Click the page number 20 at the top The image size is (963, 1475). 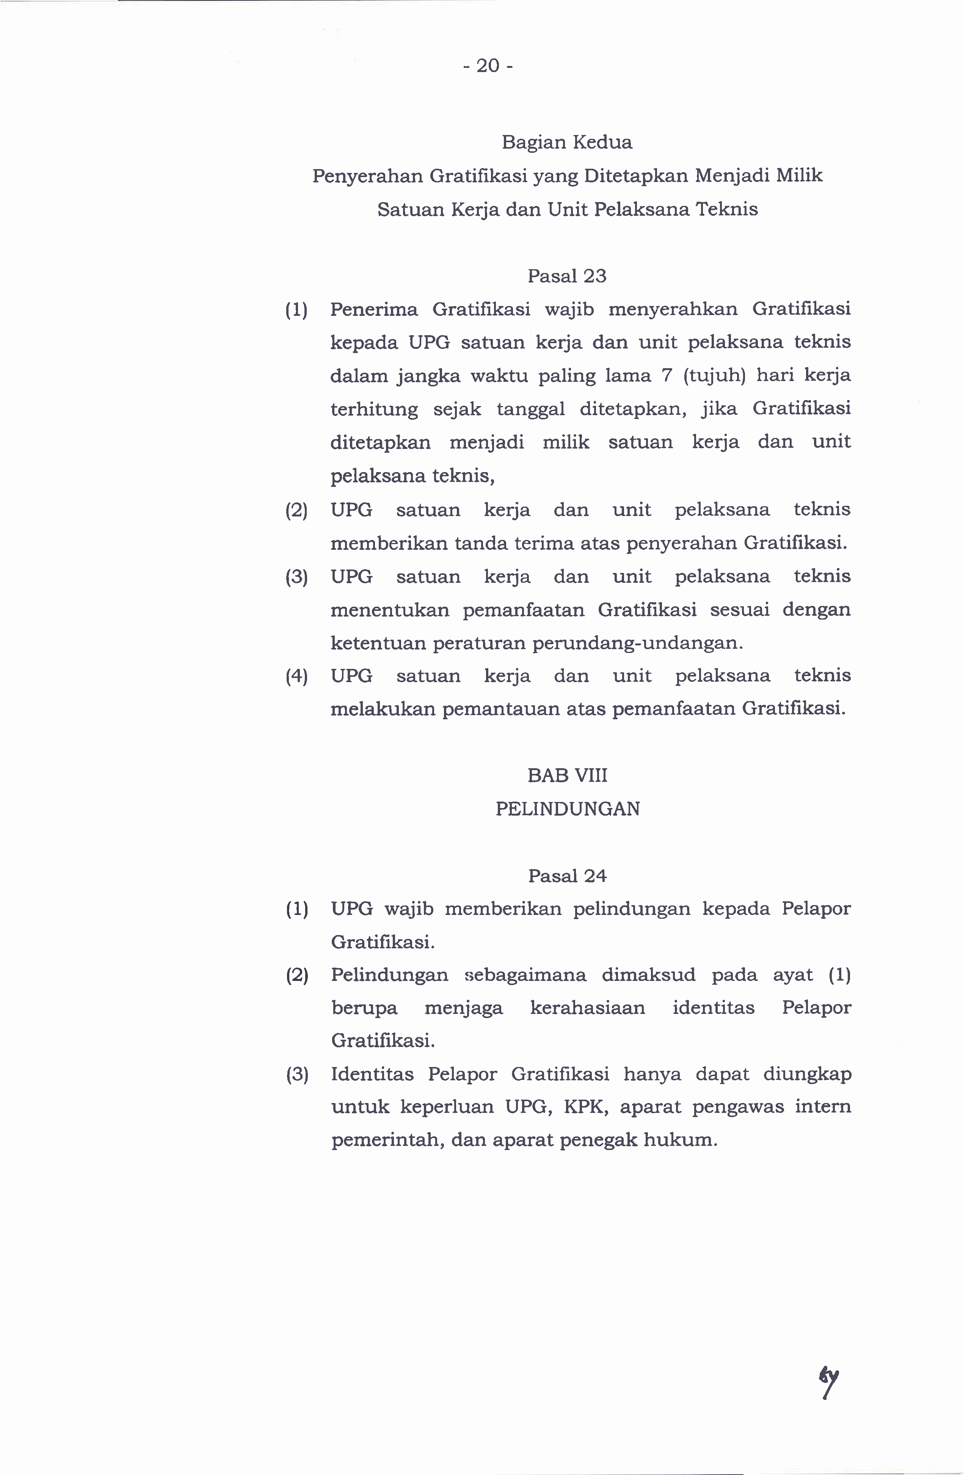(488, 66)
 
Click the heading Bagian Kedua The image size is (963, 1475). (567, 143)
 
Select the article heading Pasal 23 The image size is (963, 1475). (567, 276)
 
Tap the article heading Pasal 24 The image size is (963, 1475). (567, 876)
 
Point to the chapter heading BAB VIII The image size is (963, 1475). (567, 775)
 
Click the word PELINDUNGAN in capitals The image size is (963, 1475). (567, 809)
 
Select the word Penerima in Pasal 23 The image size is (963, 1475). (374, 309)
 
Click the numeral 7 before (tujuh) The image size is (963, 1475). (667, 375)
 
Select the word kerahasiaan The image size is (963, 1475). (587, 1008)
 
